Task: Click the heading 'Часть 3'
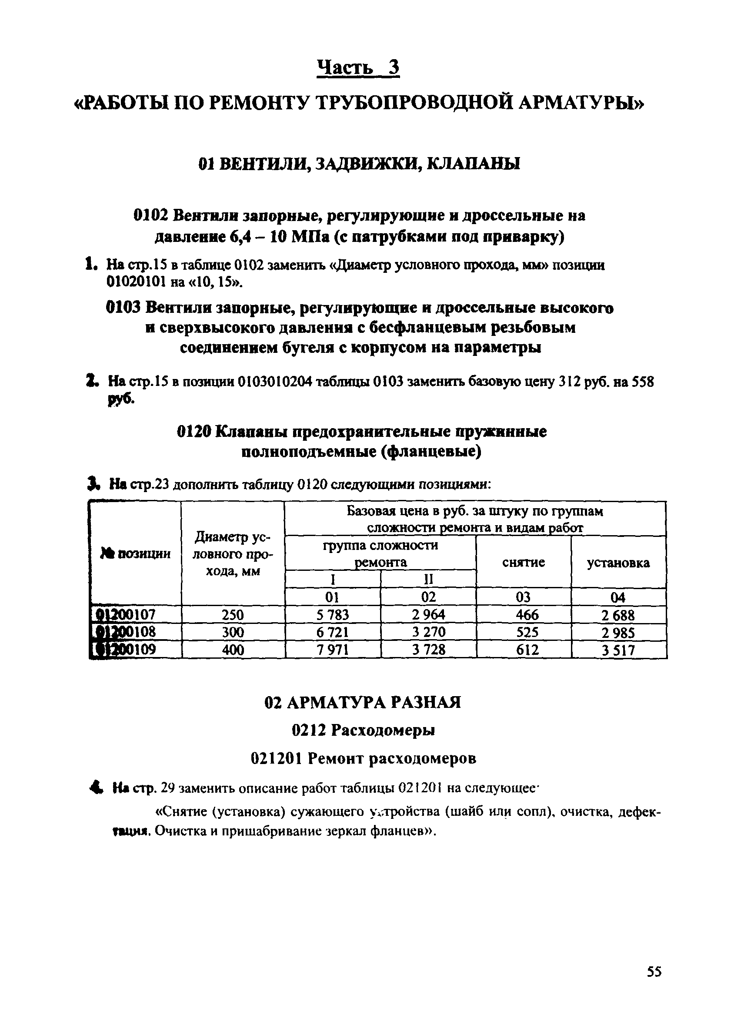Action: coord(358,68)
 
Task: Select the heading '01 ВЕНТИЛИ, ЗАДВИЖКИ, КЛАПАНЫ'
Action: coord(359,164)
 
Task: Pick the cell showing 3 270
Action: coord(428,632)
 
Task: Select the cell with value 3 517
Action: coord(618,650)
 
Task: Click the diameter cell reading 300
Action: coord(233,632)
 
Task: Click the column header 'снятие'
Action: coord(523,563)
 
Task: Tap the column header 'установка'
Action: coord(618,563)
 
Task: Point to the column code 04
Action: coord(618,597)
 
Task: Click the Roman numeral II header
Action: coord(428,580)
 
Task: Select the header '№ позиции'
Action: coord(136,553)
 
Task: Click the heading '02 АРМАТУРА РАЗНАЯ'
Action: coord(362,703)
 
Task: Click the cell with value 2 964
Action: coord(428,615)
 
